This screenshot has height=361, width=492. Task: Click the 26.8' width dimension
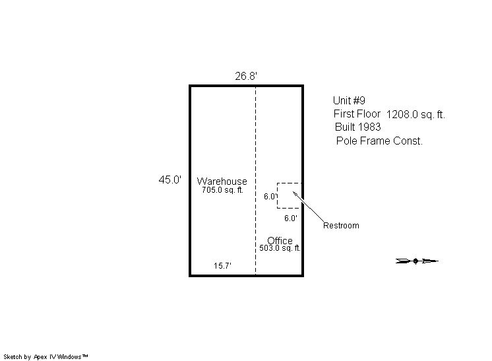[x=246, y=76]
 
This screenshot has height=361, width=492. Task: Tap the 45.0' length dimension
[x=169, y=180]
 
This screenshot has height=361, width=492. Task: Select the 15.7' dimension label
[x=222, y=266]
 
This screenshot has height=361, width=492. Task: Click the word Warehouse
[x=222, y=181]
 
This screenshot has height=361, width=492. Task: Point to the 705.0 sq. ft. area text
[x=222, y=190]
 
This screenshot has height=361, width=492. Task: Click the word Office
[x=280, y=240]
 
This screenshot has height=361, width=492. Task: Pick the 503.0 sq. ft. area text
[x=280, y=248]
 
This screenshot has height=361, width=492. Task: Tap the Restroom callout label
[x=341, y=226]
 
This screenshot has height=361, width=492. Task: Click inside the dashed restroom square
[x=290, y=195]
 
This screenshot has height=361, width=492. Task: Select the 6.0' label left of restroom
[x=270, y=197]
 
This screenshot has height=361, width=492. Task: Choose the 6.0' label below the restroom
[x=291, y=218]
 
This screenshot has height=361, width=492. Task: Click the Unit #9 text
[x=349, y=100]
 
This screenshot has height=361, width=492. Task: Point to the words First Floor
[x=357, y=114]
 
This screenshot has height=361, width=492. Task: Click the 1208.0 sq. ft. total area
[x=415, y=115]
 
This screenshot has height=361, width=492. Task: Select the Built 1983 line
[x=357, y=127]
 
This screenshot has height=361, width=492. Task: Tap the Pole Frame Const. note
[x=379, y=141]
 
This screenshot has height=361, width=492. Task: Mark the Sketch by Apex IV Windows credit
[x=46, y=357]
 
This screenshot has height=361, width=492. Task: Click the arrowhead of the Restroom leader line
[x=293, y=193]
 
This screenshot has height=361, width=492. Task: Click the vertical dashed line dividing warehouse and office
[x=255, y=181]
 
